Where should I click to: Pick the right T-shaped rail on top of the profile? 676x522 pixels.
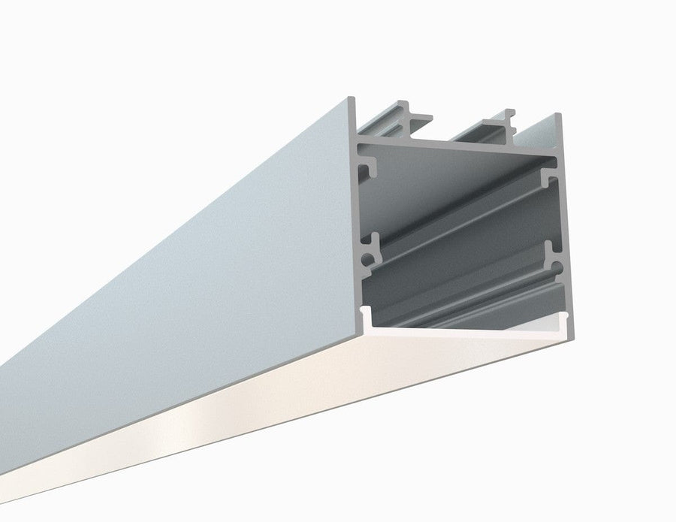click(499, 121)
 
